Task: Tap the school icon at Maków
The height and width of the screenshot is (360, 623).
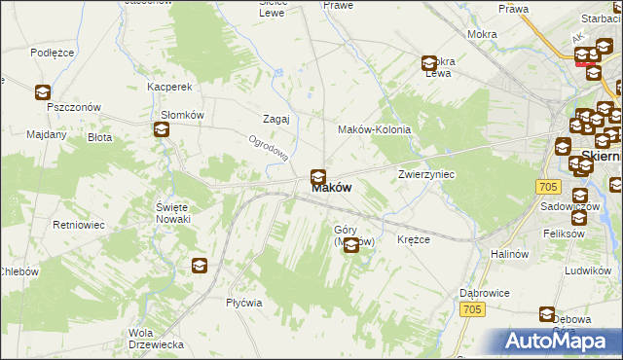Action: (317, 177)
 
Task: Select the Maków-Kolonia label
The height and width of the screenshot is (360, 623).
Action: (374, 129)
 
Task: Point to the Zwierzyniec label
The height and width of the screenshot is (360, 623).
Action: (426, 174)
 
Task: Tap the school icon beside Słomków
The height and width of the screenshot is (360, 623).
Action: (161, 129)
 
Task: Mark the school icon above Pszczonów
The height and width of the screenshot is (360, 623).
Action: (43, 92)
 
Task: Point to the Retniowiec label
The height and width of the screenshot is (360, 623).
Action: (79, 225)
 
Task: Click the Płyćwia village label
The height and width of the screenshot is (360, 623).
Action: (243, 302)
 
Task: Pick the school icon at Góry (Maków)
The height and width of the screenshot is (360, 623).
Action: (351, 245)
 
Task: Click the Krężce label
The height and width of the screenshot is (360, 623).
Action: (414, 239)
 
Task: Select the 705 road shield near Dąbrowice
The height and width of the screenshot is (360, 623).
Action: (473, 309)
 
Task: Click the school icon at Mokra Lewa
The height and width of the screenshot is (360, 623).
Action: (428, 64)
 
